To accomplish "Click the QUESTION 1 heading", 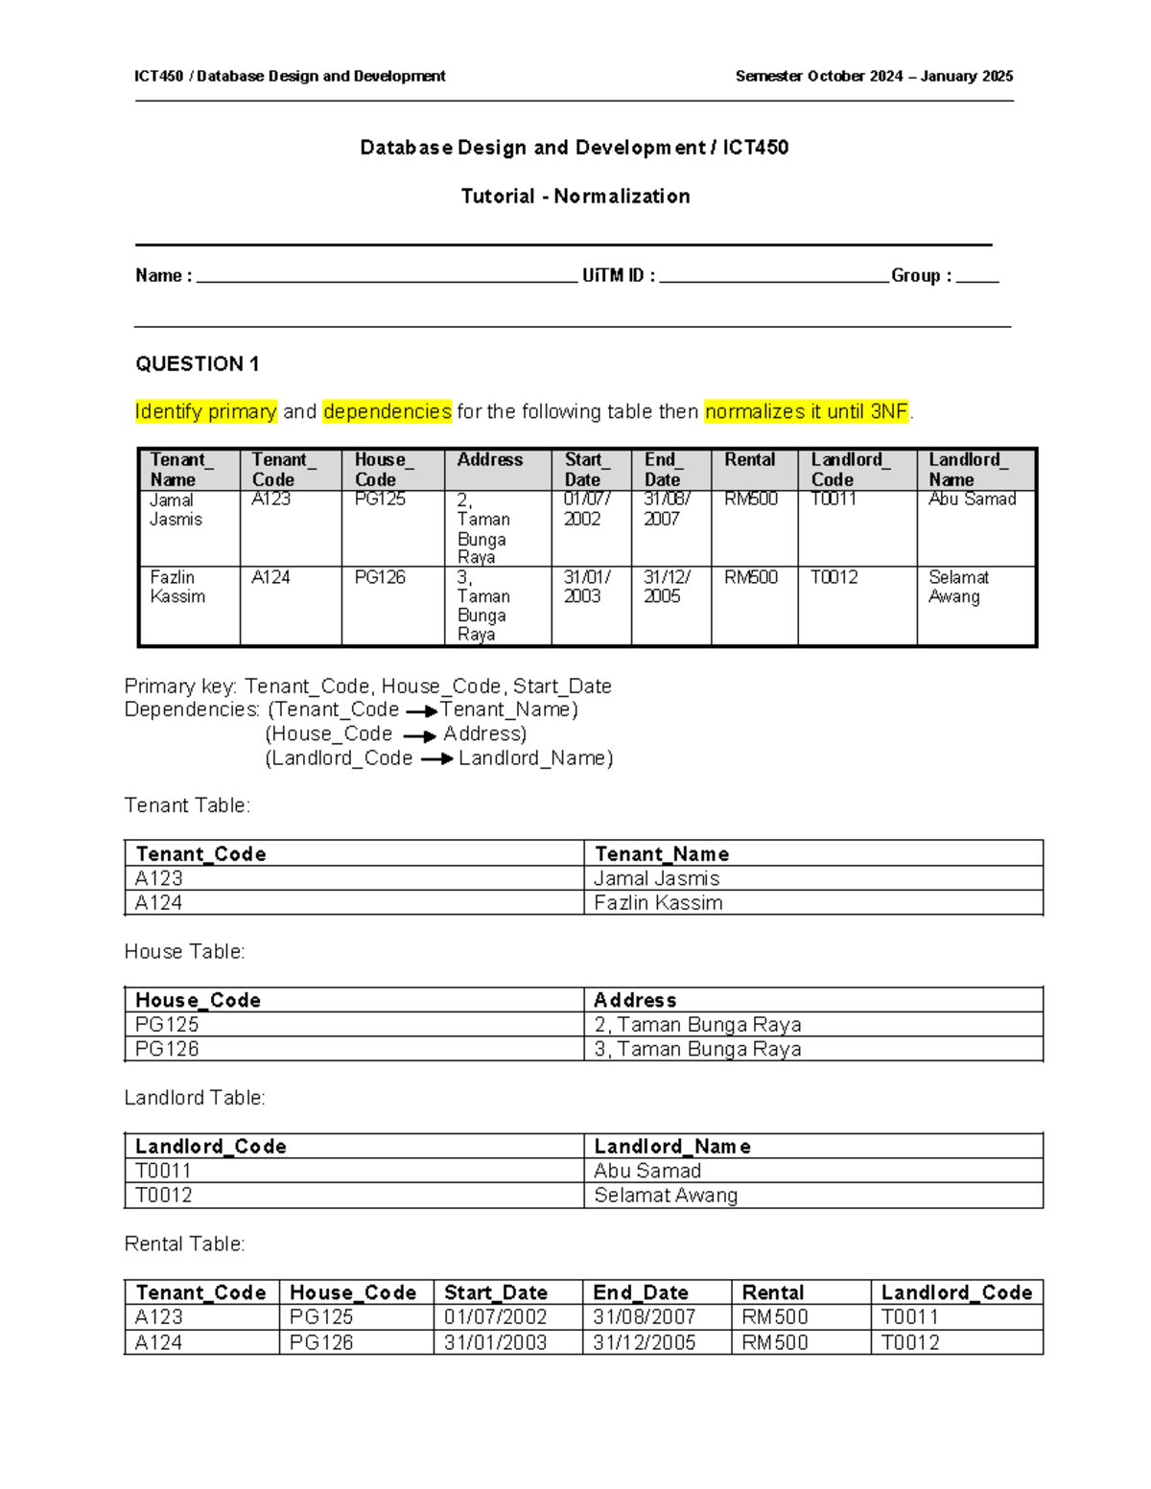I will (x=197, y=364).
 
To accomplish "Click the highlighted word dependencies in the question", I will (x=387, y=412).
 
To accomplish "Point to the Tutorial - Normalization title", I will (x=575, y=197).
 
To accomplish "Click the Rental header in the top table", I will (x=750, y=460).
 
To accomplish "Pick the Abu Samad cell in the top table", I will (x=972, y=500).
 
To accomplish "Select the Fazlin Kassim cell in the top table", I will (x=177, y=587).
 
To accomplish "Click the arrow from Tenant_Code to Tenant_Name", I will (x=421, y=711).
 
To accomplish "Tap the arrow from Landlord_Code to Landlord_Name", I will (x=436, y=759).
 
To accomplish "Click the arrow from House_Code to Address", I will (x=419, y=736).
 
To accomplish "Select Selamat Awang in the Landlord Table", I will (x=666, y=1196).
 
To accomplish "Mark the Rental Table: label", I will (x=185, y=1245).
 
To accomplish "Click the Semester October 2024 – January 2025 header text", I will (x=874, y=77).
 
